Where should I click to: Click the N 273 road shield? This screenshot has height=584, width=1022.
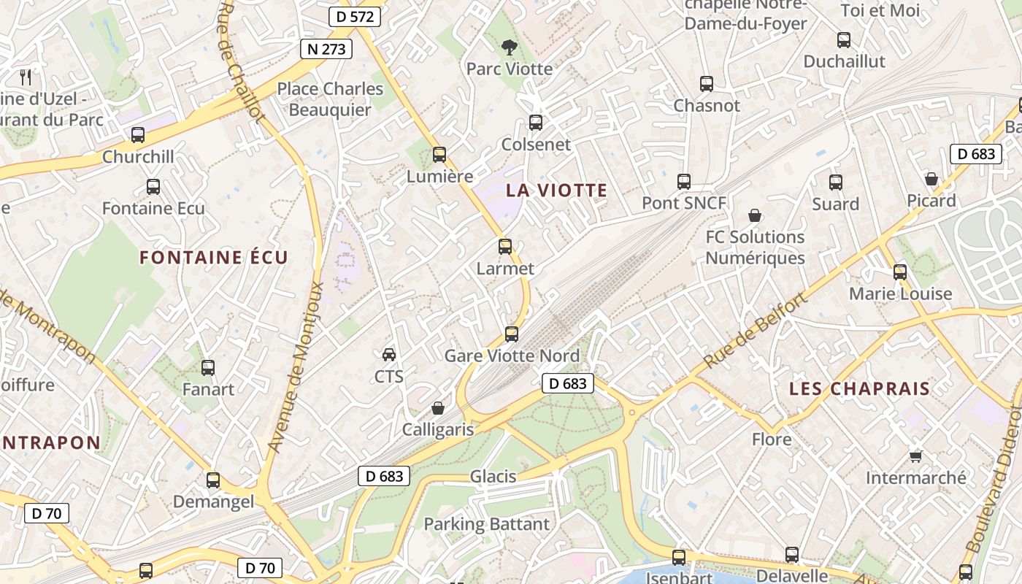pyautogui.click(x=326, y=49)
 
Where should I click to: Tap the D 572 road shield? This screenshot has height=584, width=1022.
pyautogui.click(x=355, y=16)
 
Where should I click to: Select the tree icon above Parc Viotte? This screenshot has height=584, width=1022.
pyautogui.click(x=509, y=47)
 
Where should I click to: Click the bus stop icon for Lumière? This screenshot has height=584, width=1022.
pyautogui.click(x=439, y=155)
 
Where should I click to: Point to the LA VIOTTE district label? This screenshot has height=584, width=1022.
pyautogui.click(x=556, y=191)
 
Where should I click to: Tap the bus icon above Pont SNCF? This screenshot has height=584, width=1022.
pyautogui.click(x=684, y=182)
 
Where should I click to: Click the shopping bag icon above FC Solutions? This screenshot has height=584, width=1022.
pyautogui.click(x=755, y=215)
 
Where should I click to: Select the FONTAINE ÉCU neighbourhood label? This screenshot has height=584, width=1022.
pyautogui.click(x=214, y=257)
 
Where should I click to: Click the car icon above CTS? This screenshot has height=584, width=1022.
pyautogui.click(x=389, y=355)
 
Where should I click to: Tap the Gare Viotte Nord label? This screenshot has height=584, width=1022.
pyautogui.click(x=512, y=356)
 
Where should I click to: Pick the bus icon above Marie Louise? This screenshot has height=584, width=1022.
pyautogui.click(x=900, y=272)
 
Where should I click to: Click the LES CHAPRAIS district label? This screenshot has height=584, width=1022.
pyautogui.click(x=859, y=388)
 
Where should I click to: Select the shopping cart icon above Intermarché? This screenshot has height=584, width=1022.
pyautogui.click(x=916, y=456)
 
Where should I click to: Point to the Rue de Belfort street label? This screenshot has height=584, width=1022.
pyautogui.click(x=756, y=330)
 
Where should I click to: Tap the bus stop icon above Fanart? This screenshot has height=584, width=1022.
pyautogui.click(x=208, y=368)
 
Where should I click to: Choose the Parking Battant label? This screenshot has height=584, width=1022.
pyautogui.click(x=486, y=524)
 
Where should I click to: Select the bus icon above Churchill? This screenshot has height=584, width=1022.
pyautogui.click(x=138, y=135)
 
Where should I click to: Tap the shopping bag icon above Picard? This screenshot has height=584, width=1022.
pyautogui.click(x=931, y=179)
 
